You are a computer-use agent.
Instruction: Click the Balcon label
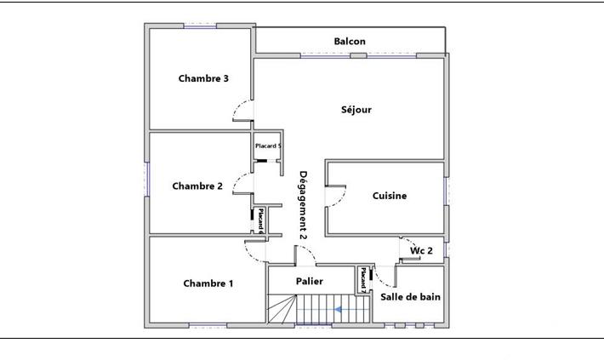click(x=350, y=42)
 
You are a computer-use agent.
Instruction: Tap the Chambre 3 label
click(x=203, y=78)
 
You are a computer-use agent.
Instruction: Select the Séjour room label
click(x=356, y=109)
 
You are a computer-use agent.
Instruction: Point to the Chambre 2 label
click(x=197, y=186)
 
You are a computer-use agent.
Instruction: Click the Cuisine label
click(x=390, y=196)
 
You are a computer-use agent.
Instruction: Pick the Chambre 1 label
click(x=208, y=283)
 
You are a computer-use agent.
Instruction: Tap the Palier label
click(x=310, y=280)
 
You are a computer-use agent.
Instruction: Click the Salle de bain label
click(x=411, y=296)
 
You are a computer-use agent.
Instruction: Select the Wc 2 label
click(x=422, y=251)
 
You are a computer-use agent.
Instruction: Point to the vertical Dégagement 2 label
click(x=302, y=204)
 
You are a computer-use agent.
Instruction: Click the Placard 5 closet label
click(x=269, y=146)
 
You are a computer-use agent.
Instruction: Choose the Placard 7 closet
click(x=363, y=280)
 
